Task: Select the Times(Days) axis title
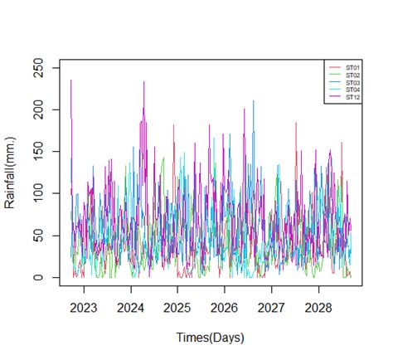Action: (x=210, y=338)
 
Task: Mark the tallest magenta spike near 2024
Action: (x=144, y=82)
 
